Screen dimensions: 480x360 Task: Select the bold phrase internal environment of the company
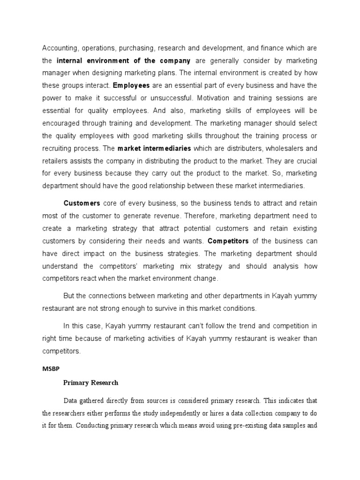point(123,60)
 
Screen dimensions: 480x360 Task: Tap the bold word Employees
point(131,86)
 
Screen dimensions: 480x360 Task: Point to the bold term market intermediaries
point(154,149)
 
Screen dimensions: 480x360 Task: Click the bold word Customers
point(82,203)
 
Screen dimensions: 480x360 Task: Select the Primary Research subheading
point(91,382)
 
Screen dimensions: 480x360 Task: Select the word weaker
point(281,337)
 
